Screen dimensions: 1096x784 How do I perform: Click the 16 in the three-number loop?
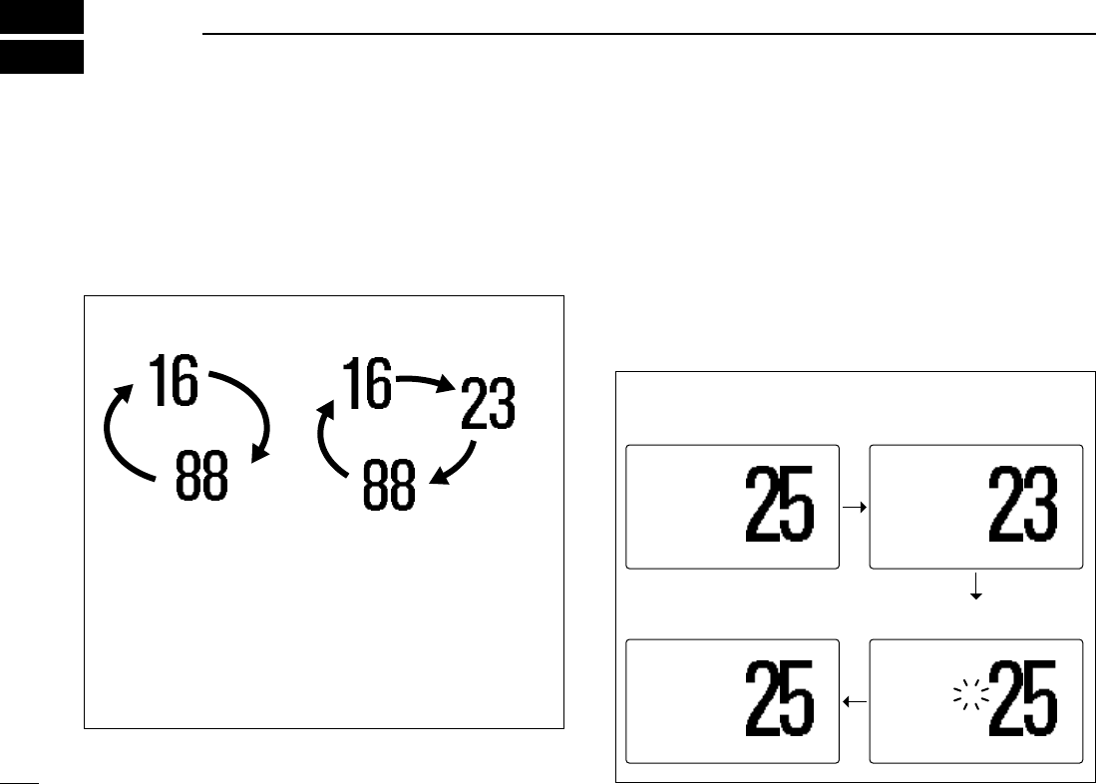pyautogui.click(x=368, y=384)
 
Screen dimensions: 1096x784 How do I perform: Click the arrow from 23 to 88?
pyautogui.click(x=454, y=464)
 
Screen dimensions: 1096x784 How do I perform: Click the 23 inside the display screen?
pyautogui.click(x=1021, y=508)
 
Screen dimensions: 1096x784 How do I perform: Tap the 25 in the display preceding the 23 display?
pyautogui.click(x=780, y=508)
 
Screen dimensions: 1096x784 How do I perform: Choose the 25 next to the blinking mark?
pyautogui.click(x=1021, y=701)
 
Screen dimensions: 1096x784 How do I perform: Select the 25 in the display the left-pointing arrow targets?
pyautogui.click(x=780, y=701)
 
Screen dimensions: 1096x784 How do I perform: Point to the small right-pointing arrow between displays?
pyautogui.click(x=855, y=508)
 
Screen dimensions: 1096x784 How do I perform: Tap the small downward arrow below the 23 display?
pyautogui.click(x=976, y=591)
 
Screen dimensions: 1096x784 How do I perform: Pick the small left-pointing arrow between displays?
pyautogui.click(x=855, y=702)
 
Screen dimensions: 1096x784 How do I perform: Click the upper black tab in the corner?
pyautogui.click(x=41, y=19)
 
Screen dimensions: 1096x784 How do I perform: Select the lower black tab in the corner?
pyautogui.click(x=41, y=57)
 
